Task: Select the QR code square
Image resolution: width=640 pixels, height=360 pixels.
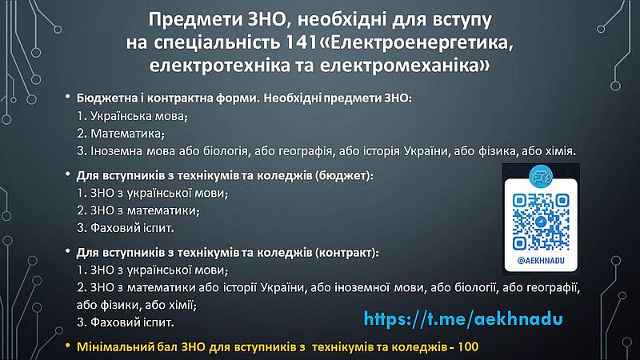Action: (x=541, y=222)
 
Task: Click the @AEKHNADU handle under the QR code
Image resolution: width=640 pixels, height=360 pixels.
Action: (x=541, y=261)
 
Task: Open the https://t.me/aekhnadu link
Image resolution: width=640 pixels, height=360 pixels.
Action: (x=463, y=318)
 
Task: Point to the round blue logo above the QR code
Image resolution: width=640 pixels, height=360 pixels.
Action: (x=541, y=176)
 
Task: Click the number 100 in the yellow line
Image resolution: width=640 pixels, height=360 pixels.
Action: (x=468, y=347)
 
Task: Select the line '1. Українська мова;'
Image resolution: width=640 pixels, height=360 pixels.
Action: (x=132, y=116)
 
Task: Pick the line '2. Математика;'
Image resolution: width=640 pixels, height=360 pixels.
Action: (x=121, y=134)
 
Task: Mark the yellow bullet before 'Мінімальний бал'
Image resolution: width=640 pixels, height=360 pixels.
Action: (x=68, y=346)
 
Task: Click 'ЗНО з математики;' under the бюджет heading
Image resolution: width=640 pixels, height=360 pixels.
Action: (x=145, y=210)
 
